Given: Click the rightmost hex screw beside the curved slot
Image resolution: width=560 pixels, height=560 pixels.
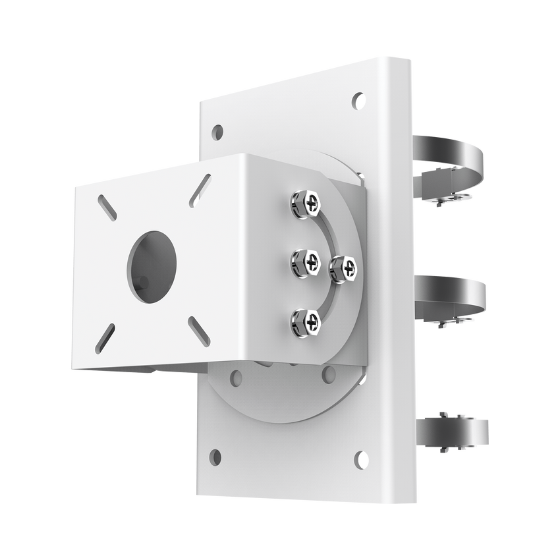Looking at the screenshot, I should click(x=343, y=268).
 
